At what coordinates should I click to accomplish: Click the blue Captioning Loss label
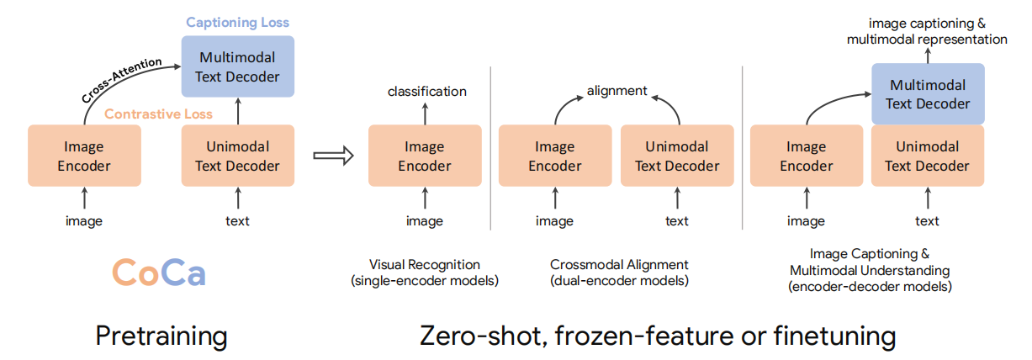[x=238, y=23]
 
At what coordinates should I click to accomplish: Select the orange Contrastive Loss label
[x=158, y=114]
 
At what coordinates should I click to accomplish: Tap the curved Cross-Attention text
[x=122, y=79]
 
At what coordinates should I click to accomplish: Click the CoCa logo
[x=159, y=272]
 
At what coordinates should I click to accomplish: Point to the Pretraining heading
[x=161, y=336]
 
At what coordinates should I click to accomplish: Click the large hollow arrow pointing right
[x=333, y=156]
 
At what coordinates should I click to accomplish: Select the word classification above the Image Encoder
[x=427, y=92]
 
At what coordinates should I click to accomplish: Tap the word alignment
[x=617, y=91]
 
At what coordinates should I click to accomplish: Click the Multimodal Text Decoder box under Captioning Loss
[x=238, y=66]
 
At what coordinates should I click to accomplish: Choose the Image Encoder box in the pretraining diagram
[x=84, y=156]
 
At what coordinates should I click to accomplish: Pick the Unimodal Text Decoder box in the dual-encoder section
[x=677, y=156]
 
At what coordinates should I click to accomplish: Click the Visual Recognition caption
[x=425, y=273]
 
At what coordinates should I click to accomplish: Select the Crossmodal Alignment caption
[x=619, y=273]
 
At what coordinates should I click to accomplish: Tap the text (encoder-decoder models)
[x=870, y=287]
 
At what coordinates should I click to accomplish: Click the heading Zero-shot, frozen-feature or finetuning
[x=658, y=336]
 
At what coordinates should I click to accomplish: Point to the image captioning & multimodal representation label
[x=927, y=31]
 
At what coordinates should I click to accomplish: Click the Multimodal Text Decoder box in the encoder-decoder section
[x=928, y=94]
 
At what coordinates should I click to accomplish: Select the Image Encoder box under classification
[x=425, y=156]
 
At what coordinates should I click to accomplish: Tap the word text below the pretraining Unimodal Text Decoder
[x=237, y=220]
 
